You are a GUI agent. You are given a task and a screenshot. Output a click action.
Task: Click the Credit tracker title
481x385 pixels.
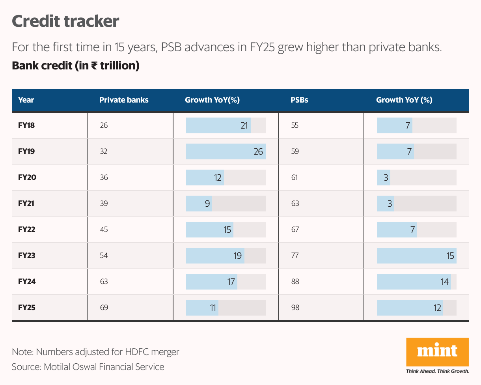tap(65, 21)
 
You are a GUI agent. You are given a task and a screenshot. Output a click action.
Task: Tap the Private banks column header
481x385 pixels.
tap(124, 100)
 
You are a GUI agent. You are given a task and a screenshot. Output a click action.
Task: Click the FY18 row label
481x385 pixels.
tap(27, 125)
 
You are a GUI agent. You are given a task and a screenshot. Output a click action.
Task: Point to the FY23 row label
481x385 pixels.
tap(27, 256)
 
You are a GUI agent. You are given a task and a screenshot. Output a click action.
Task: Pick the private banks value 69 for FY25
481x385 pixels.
tap(104, 308)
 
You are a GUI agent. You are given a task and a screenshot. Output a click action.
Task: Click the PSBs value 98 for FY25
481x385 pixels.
tap(295, 308)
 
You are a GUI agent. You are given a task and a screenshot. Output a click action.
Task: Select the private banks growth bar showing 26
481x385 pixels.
tap(226, 151)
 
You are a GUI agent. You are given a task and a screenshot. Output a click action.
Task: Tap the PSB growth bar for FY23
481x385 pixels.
tap(416, 256)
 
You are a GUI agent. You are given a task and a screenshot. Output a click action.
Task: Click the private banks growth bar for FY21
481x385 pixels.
tap(199, 204)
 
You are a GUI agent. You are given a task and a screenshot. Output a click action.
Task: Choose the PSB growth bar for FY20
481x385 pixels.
tap(384, 178)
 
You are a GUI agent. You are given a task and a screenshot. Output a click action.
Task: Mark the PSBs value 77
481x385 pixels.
tap(295, 256)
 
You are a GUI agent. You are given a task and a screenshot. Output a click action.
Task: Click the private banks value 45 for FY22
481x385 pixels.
tap(104, 230)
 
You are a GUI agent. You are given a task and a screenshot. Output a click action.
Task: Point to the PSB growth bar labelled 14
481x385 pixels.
tap(414, 282)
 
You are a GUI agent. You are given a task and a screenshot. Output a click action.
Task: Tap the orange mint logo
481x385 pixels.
tap(437, 352)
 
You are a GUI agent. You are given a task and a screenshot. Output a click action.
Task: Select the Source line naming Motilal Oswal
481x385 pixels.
tap(88, 367)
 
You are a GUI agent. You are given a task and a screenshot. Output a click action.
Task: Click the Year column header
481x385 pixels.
tap(26, 100)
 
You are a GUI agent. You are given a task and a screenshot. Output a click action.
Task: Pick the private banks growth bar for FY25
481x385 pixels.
tap(202, 308)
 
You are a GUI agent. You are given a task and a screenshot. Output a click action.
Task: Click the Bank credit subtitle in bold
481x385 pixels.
tap(76, 65)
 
